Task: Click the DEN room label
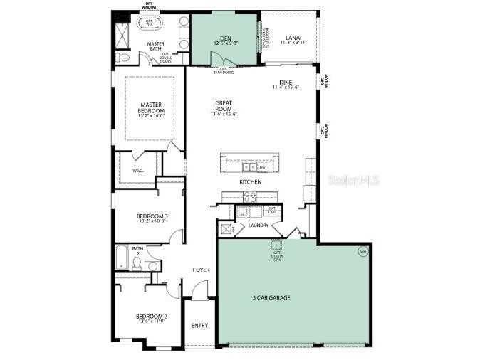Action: coord(225,38)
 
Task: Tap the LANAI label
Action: coord(293,38)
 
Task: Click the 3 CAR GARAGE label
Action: coord(271,297)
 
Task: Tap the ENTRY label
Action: coord(200,326)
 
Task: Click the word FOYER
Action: coord(201,270)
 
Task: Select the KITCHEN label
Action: coord(250,182)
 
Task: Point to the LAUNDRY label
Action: coord(259,226)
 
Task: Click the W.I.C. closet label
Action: coord(138,171)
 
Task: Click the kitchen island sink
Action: coord(249,168)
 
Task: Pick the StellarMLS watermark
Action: coord(353,180)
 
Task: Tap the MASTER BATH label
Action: coord(155,45)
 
